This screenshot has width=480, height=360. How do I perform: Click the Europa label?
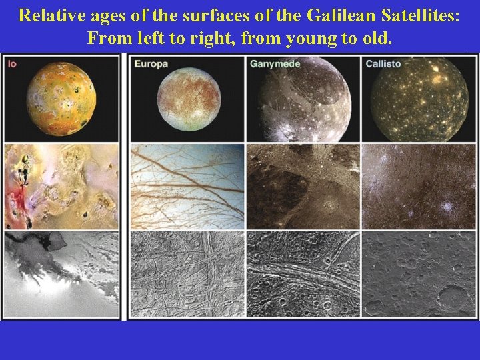151,64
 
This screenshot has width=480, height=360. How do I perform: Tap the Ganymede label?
275,64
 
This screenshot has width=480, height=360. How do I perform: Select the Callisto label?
382,64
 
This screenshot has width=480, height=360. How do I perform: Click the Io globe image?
62,97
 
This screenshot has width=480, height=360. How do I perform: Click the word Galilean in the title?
345,16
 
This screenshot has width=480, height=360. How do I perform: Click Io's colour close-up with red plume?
62,187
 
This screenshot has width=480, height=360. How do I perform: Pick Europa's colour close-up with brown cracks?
187,187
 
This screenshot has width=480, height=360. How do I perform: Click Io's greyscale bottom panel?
62,275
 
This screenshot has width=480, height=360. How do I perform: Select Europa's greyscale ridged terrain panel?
187,275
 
